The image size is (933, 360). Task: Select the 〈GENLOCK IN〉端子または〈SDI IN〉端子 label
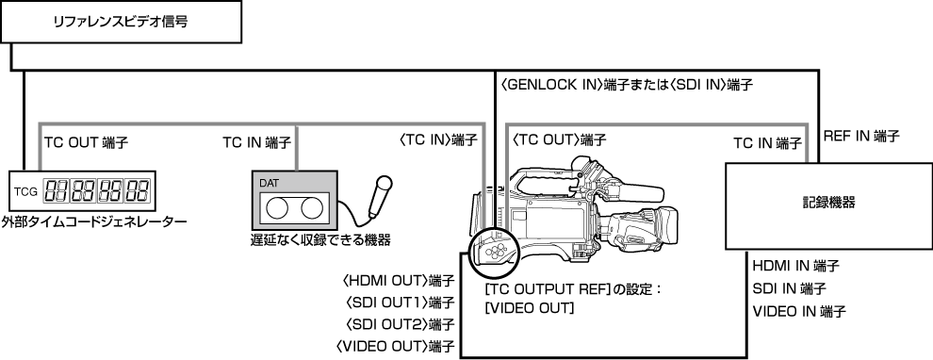coord(626,84)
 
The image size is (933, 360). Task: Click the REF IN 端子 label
coord(861,136)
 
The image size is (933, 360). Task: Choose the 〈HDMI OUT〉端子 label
coord(395,280)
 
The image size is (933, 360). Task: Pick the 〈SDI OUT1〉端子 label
coord(395,302)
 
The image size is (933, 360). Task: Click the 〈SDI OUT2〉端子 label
coord(395,323)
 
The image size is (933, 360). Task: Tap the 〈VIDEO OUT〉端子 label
coord(395,346)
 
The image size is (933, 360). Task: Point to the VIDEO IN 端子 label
coord(798,310)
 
